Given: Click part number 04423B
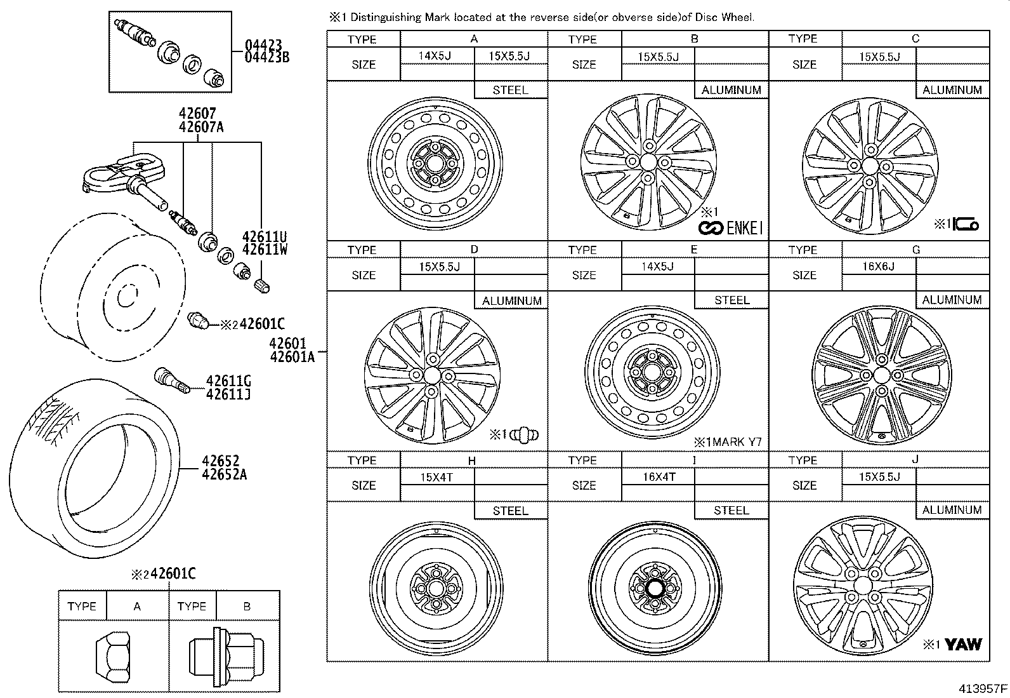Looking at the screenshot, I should tap(267, 58).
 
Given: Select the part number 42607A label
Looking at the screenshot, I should tap(201, 126).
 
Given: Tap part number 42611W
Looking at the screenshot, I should tap(265, 250).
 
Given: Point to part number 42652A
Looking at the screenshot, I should tap(224, 473).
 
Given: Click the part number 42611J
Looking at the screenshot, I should tap(228, 394).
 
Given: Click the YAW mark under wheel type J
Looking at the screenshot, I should tap(963, 645).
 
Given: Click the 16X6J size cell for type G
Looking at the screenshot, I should tap(879, 267).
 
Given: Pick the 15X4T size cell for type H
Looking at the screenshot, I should tap(436, 477).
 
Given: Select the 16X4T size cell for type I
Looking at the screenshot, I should tap(659, 477).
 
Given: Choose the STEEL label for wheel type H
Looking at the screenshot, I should tap(510, 511).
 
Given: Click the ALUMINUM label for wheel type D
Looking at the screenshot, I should tap(511, 300).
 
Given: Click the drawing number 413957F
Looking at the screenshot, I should tap(982, 688).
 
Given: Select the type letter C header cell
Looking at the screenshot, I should tap(915, 39).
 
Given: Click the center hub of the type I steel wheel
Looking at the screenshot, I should tap(654, 587).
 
